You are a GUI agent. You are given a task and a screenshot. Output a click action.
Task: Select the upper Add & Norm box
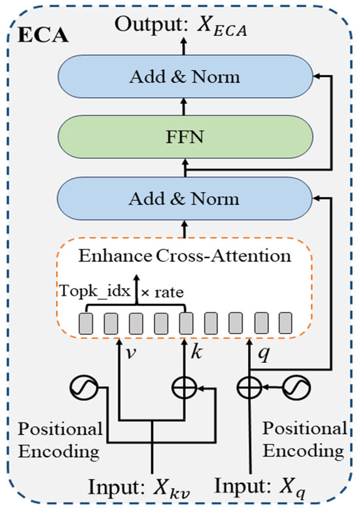[x=185, y=77]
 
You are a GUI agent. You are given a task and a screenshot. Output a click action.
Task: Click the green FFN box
[x=185, y=139]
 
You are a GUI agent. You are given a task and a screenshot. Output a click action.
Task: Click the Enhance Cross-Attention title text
[x=186, y=257]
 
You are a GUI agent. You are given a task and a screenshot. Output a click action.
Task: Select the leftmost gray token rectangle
[x=86, y=323]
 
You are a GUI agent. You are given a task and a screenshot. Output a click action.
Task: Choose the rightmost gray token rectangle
[x=285, y=323]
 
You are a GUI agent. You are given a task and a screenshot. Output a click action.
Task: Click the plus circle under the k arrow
[x=185, y=389]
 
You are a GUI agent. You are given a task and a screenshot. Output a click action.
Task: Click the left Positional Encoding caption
[x=60, y=440]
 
